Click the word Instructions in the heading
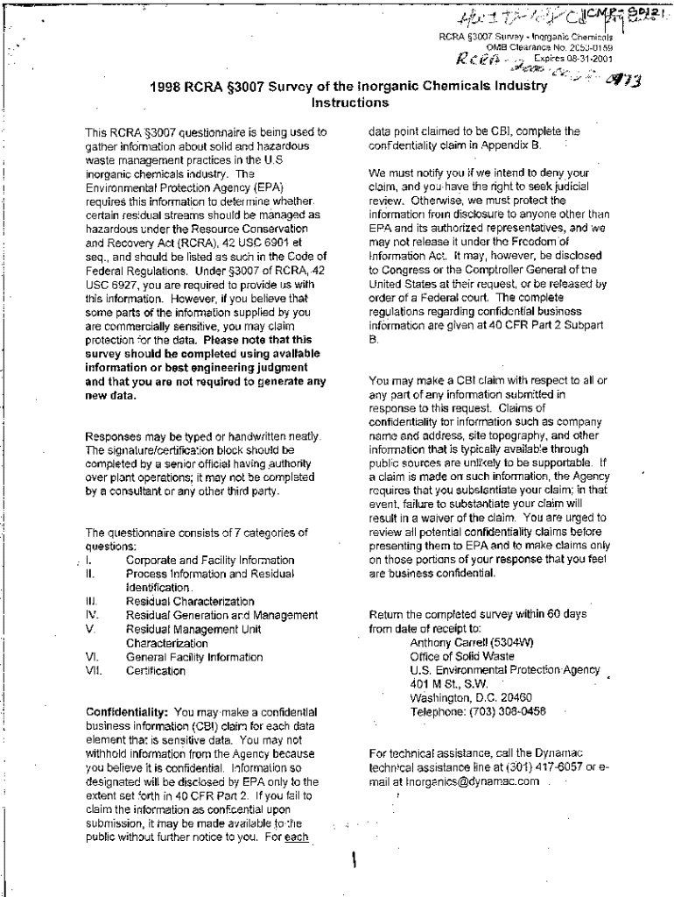pyautogui.click(x=350, y=102)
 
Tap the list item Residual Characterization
pyautogui.click(x=190, y=601)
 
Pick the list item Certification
pyautogui.click(x=156, y=671)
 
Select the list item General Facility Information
pyautogui.click(x=194, y=657)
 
